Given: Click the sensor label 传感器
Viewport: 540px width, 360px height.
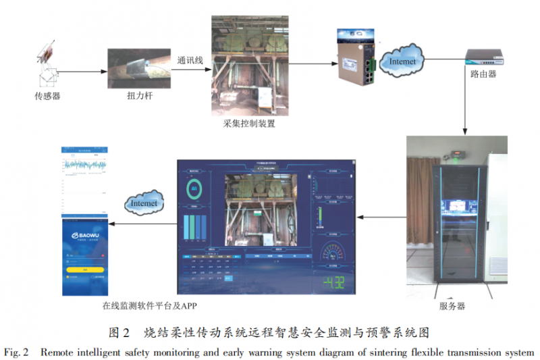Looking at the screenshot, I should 48,96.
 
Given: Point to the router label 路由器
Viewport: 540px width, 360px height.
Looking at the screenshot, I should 483,74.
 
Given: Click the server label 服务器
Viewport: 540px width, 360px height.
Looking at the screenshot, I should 452,307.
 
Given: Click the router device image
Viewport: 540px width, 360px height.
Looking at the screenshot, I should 483,57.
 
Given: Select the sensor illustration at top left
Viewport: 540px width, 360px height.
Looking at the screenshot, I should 47,63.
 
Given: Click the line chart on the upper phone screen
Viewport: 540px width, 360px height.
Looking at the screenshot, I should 85,166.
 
